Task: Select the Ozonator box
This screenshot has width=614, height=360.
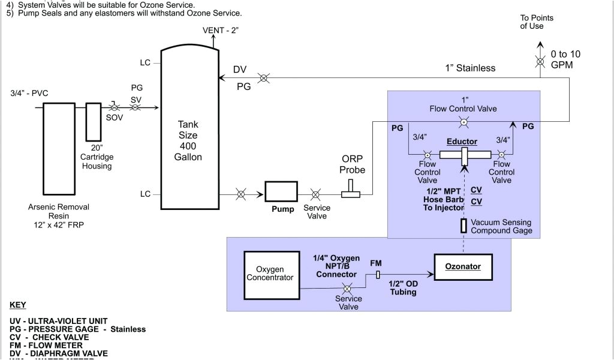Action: [x=463, y=266]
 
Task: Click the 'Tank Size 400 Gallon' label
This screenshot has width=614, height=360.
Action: [x=188, y=140]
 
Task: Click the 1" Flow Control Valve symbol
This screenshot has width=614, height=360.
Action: [x=463, y=122]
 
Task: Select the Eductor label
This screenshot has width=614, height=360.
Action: [x=462, y=142]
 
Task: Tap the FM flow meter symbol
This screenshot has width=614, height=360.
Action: [x=378, y=275]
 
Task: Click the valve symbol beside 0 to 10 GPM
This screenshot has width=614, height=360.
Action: [x=540, y=62]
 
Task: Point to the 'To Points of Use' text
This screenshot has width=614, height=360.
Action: [x=537, y=22]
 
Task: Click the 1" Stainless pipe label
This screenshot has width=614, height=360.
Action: [x=470, y=68]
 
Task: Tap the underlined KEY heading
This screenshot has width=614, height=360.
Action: [x=18, y=305]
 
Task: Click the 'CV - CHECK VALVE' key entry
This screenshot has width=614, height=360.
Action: [x=49, y=337]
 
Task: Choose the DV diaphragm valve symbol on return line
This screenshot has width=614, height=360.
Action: [x=263, y=77]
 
